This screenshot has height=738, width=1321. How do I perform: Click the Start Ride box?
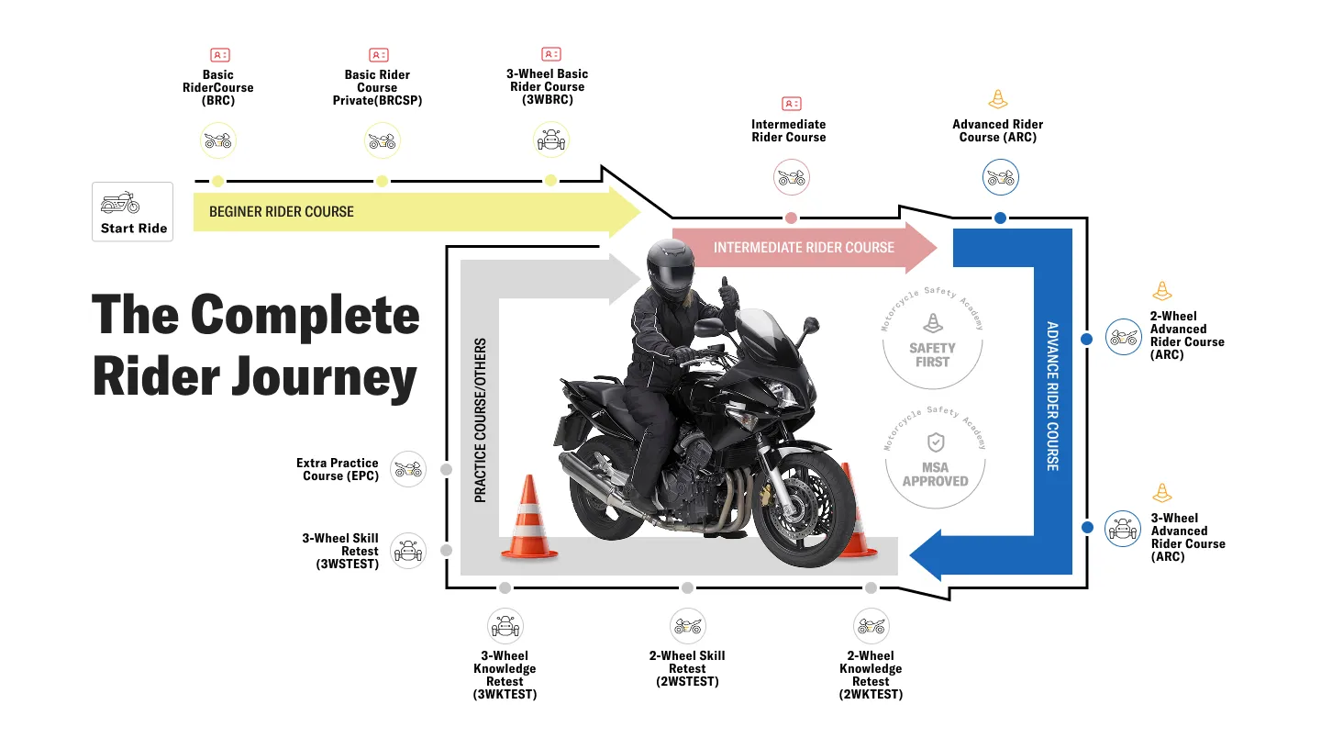132,212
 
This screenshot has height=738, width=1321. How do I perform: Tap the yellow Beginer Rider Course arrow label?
282,212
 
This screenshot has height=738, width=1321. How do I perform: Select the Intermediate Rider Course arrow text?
804,248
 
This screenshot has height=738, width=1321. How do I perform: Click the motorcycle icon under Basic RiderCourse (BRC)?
218,141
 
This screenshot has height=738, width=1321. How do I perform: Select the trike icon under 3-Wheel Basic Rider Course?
550,140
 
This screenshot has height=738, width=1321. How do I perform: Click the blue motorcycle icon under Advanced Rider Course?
1000,177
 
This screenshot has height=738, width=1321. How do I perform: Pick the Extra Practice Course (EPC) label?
338,470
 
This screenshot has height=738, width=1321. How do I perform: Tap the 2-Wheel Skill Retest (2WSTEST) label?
687,668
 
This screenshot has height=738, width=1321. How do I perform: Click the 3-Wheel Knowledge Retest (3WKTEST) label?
505,675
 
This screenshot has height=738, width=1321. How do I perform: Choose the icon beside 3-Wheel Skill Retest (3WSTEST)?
408,551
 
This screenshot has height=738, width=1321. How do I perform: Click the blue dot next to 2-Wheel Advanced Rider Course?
1087,339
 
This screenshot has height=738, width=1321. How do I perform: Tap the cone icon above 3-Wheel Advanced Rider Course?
1162,493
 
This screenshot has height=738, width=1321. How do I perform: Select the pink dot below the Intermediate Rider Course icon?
791,218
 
